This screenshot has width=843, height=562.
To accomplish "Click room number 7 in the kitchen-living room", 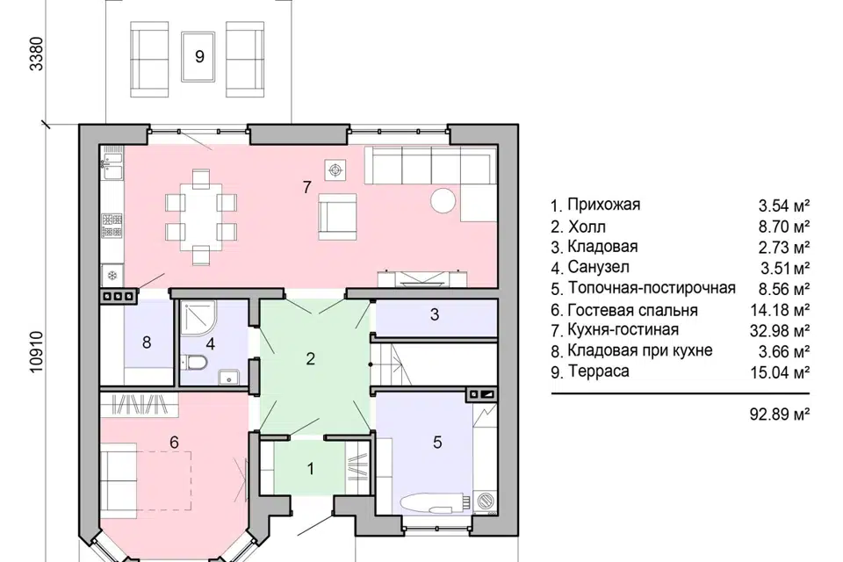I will point(306,186).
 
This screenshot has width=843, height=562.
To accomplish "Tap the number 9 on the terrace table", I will point(199,57).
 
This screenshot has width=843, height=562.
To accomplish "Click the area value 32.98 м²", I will point(783,330).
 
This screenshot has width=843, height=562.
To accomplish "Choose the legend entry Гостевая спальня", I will point(632,309).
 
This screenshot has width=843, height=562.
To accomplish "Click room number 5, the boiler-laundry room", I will point(436,443).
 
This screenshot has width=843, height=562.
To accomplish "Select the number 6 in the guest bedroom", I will point(174,443).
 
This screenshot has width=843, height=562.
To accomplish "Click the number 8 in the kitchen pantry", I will point(147,342).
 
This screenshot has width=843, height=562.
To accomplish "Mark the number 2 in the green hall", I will point(309,358).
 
